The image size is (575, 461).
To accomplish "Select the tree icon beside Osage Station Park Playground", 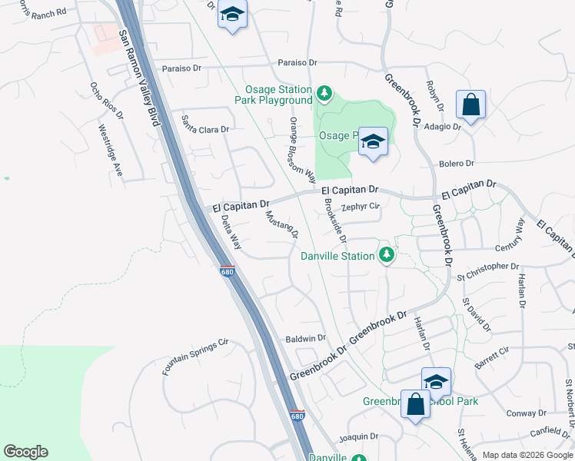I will pos(324,95).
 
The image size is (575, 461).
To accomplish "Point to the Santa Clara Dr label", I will pos(205,124).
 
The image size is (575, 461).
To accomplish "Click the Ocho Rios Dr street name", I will pos(106,101).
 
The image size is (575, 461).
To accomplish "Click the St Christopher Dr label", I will pos(487,270).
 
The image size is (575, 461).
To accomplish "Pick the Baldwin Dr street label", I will pos(306,338).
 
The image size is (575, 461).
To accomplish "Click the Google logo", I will pos(25,452).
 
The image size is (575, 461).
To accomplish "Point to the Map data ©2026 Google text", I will pos(527,455).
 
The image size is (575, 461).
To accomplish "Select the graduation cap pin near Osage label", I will pos(373,141).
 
